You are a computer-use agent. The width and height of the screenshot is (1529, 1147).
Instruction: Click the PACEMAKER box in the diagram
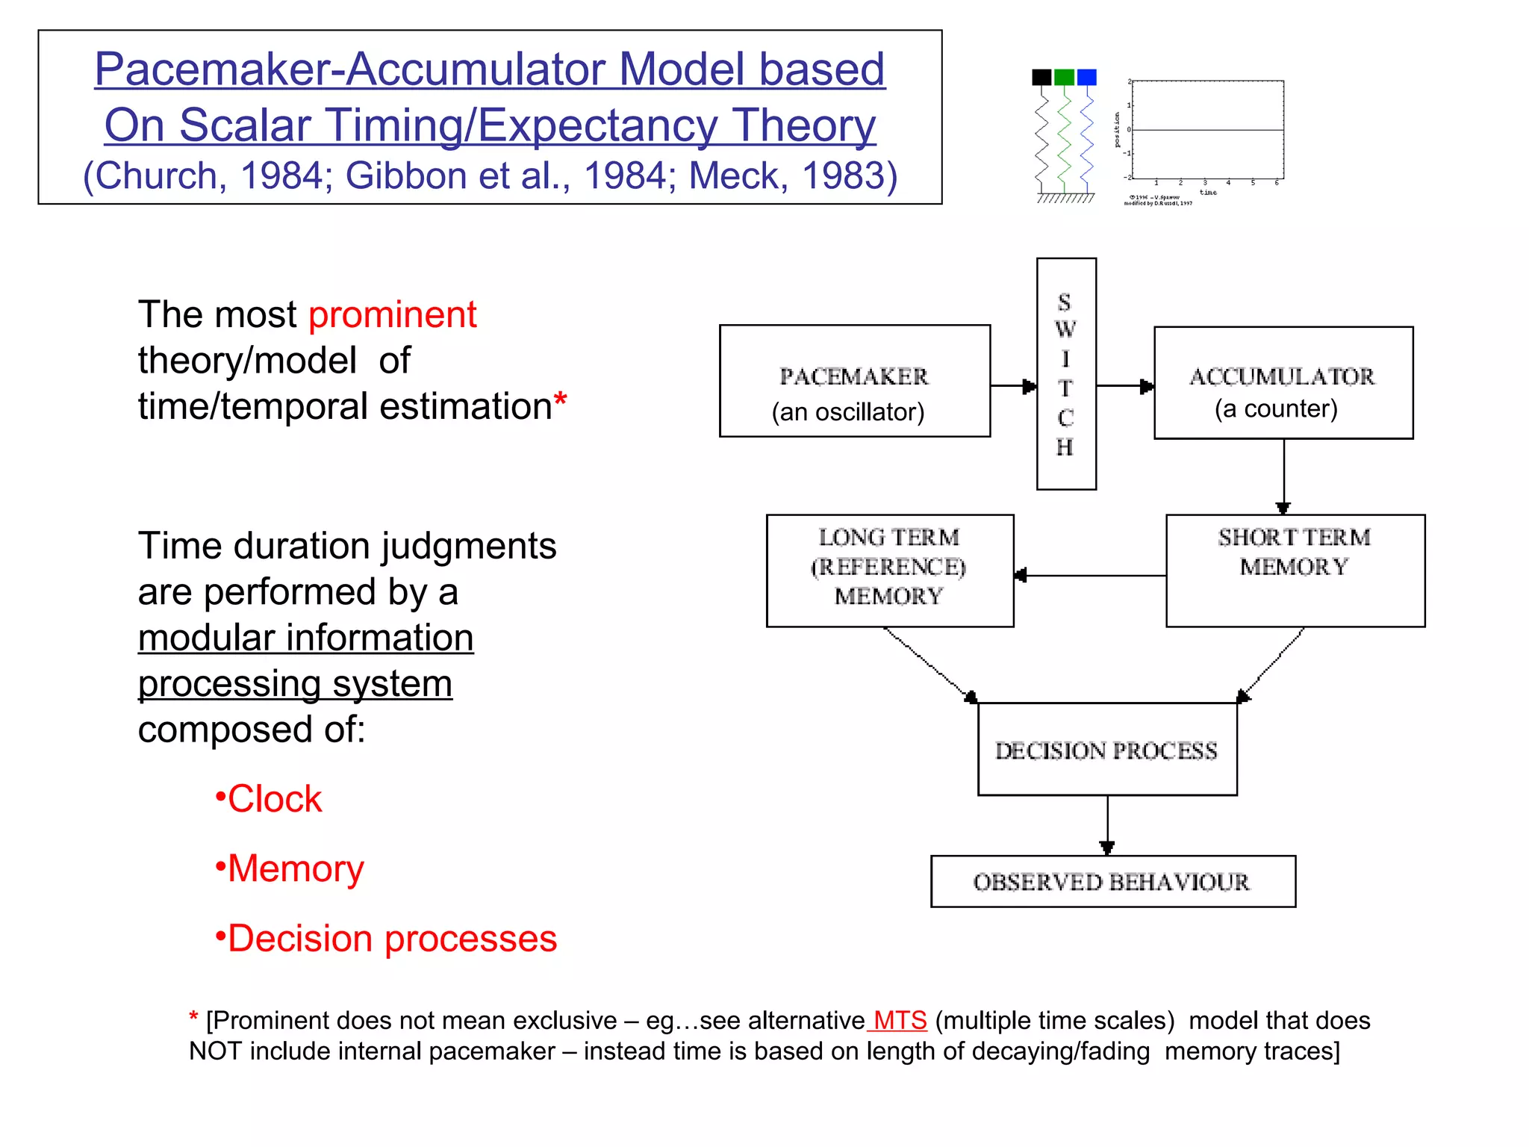pyautogui.click(x=854, y=381)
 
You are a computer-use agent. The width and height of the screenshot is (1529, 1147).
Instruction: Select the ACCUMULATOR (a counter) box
pyautogui.click(x=1283, y=383)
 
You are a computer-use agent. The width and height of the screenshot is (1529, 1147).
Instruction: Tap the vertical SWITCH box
pyautogui.click(x=1065, y=373)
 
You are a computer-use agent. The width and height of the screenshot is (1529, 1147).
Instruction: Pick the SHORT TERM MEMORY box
pyautogui.click(x=1295, y=570)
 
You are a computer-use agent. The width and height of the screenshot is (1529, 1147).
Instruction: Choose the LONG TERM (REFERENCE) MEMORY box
pyautogui.click(x=889, y=570)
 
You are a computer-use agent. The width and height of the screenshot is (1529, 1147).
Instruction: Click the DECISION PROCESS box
pyautogui.click(x=1106, y=749)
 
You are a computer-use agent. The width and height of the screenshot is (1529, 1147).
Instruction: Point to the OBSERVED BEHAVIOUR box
pyautogui.click(x=1112, y=881)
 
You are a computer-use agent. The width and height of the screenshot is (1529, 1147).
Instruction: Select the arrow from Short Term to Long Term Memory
pyautogui.click(x=1090, y=575)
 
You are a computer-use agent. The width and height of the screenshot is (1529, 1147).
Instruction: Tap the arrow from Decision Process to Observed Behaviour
pyautogui.click(x=1107, y=824)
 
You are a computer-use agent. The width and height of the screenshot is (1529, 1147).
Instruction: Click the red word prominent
pyautogui.click(x=392, y=314)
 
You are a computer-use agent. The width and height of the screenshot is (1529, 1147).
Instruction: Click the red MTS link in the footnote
pyautogui.click(x=899, y=1020)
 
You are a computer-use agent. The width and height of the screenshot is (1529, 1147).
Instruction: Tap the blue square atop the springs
pyautogui.click(x=1087, y=77)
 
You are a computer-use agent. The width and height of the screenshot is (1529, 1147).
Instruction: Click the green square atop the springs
pyautogui.click(x=1064, y=77)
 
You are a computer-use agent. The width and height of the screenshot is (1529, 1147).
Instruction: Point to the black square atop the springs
pyautogui.click(x=1041, y=77)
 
